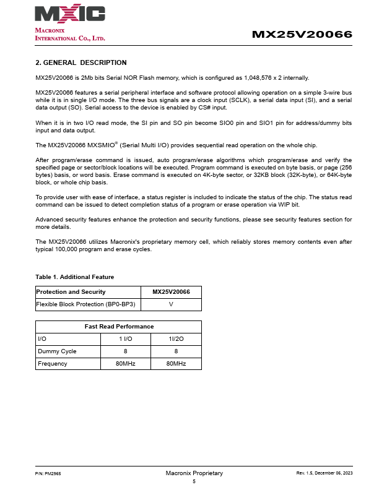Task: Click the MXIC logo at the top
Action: pyautogui.click(x=70, y=14)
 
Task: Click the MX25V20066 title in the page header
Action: pyautogui.click(x=302, y=35)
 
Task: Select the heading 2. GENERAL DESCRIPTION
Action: pyautogui.click(x=81, y=62)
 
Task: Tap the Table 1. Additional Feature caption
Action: pyautogui.click(x=75, y=277)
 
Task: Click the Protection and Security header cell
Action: pyautogui.click(x=71, y=292)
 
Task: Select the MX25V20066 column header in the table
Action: pyautogui.click(x=171, y=292)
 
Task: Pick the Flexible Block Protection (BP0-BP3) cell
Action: pyautogui.click(x=86, y=304)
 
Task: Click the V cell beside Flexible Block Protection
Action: pyautogui.click(x=171, y=304)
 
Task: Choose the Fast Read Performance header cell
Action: pyautogui.click(x=119, y=326)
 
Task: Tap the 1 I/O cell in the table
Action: pyautogui.click(x=126, y=339)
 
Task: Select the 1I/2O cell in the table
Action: pyautogui.click(x=176, y=339)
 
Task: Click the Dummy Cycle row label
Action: pyautogui.click(x=57, y=351)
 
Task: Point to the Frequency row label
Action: pyautogui.click(x=53, y=363)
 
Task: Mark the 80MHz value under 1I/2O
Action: pyautogui.click(x=176, y=363)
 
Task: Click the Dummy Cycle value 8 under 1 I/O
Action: pyautogui.click(x=126, y=351)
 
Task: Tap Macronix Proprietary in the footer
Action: pyautogui.click(x=194, y=473)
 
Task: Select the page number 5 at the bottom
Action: pyautogui.click(x=194, y=481)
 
